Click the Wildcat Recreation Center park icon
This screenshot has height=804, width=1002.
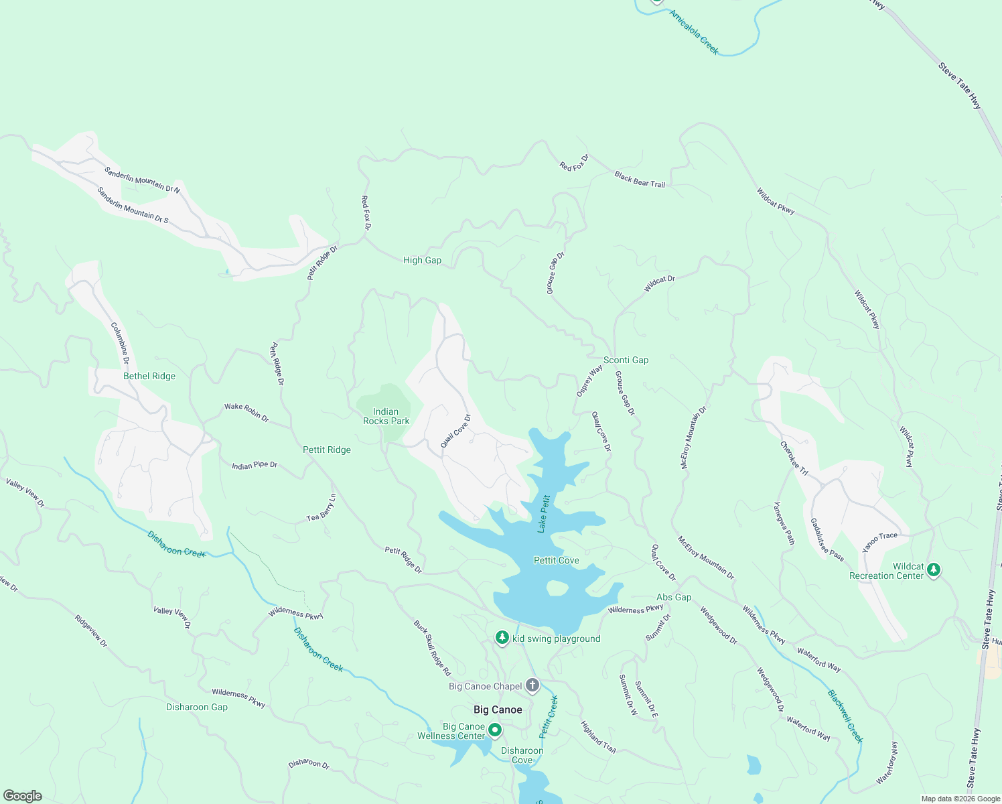[x=934, y=569]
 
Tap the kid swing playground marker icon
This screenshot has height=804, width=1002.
[x=502, y=638]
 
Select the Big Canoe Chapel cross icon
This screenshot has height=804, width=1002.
[x=532, y=685]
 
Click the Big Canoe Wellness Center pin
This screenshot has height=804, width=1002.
[x=495, y=730]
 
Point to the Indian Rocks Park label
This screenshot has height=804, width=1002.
[x=386, y=417]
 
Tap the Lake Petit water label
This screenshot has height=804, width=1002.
[x=543, y=514]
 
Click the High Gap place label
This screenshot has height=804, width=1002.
[x=422, y=260]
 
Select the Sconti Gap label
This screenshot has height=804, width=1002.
[x=626, y=360]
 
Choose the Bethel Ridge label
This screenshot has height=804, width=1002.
[x=149, y=376]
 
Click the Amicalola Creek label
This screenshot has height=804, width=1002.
[x=694, y=32]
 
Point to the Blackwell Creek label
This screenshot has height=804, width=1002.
[x=845, y=717]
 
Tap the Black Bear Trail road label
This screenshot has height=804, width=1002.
[x=640, y=180]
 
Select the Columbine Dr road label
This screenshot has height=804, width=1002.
[x=121, y=344]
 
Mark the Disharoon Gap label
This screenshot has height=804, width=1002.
[x=197, y=707]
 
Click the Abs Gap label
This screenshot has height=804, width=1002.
[x=674, y=597]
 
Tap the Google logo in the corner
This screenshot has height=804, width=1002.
[x=22, y=796]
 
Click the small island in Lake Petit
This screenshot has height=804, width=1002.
[x=557, y=588]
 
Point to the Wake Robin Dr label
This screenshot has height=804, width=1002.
[x=246, y=412]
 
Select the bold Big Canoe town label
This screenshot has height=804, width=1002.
[x=498, y=710]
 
